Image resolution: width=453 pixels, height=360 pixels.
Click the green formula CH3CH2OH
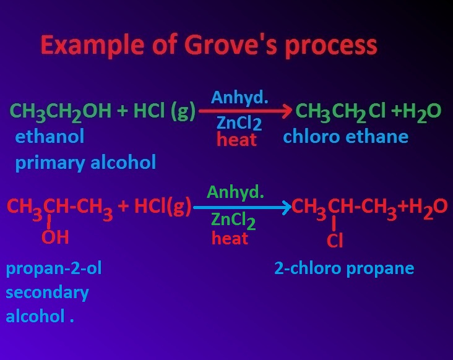(61, 112)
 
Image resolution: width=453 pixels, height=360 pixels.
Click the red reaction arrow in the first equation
(245, 112)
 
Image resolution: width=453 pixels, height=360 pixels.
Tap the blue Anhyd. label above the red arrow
(239, 97)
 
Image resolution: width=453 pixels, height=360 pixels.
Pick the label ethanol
(50, 136)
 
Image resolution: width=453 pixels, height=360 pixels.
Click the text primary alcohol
(85, 163)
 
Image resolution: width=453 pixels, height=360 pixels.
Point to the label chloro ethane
(345, 136)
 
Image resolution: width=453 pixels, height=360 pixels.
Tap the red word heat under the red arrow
(236, 140)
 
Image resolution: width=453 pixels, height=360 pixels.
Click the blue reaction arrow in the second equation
(242, 207)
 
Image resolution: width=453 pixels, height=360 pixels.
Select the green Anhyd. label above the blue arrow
(235, 192)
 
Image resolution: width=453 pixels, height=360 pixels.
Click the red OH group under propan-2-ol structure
(55, 237)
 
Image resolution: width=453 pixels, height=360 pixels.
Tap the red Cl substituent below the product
(334, 241)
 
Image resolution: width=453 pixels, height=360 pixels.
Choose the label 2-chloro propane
(344, 268)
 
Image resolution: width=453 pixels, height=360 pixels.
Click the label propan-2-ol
(54, 268)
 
